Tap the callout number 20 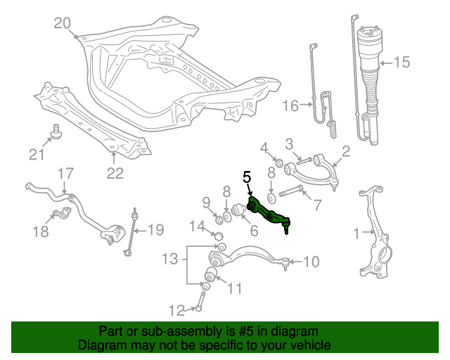click(63, 24)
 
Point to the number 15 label click(401, 63)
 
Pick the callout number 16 click(291, 106)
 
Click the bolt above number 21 click(56, 131)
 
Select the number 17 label click(65, 173)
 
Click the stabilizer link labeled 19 click(132, 232)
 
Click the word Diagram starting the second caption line click(101, 345)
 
